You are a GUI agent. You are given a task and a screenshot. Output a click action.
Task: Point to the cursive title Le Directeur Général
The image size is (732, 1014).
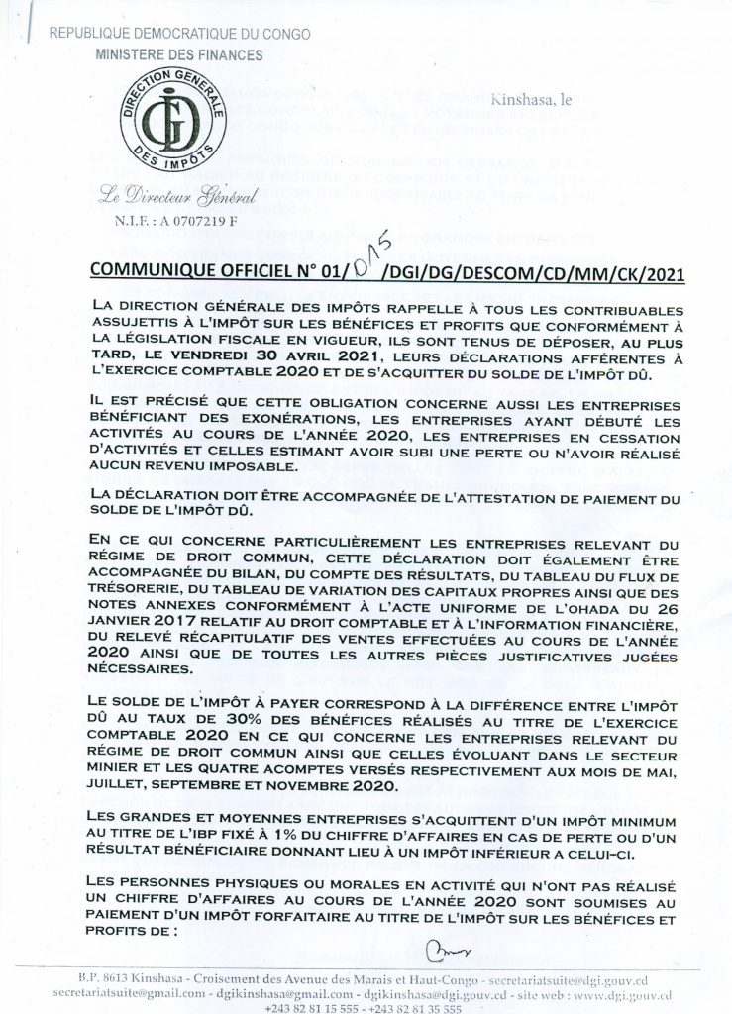(171, 197)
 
